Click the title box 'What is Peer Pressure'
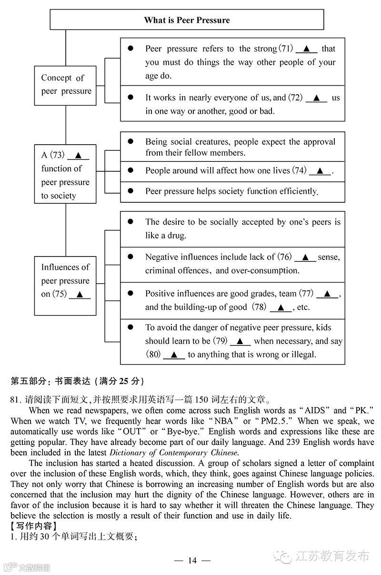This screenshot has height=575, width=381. click(x=187, y=20)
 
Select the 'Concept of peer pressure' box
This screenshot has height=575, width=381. click(x=66, y=85)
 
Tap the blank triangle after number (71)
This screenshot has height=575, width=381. click(x=306, y=49)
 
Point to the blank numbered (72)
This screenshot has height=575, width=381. click(x=316, y=98)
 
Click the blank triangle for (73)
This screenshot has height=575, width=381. click(x=78, y=155)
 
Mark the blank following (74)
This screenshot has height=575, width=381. click(x=320, y=171)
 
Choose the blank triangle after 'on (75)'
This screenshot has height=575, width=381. click(x=80, y=294)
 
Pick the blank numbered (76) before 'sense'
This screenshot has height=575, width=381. click(x=305, y=257)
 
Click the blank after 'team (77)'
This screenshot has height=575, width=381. click(x=327, y=294)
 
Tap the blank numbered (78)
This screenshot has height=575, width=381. click(x=281, y=307)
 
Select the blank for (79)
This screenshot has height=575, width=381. click(x=241, y=341)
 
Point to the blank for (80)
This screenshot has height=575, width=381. click(x=174, y=355)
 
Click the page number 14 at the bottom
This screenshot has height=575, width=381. click(x=192, y=560)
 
